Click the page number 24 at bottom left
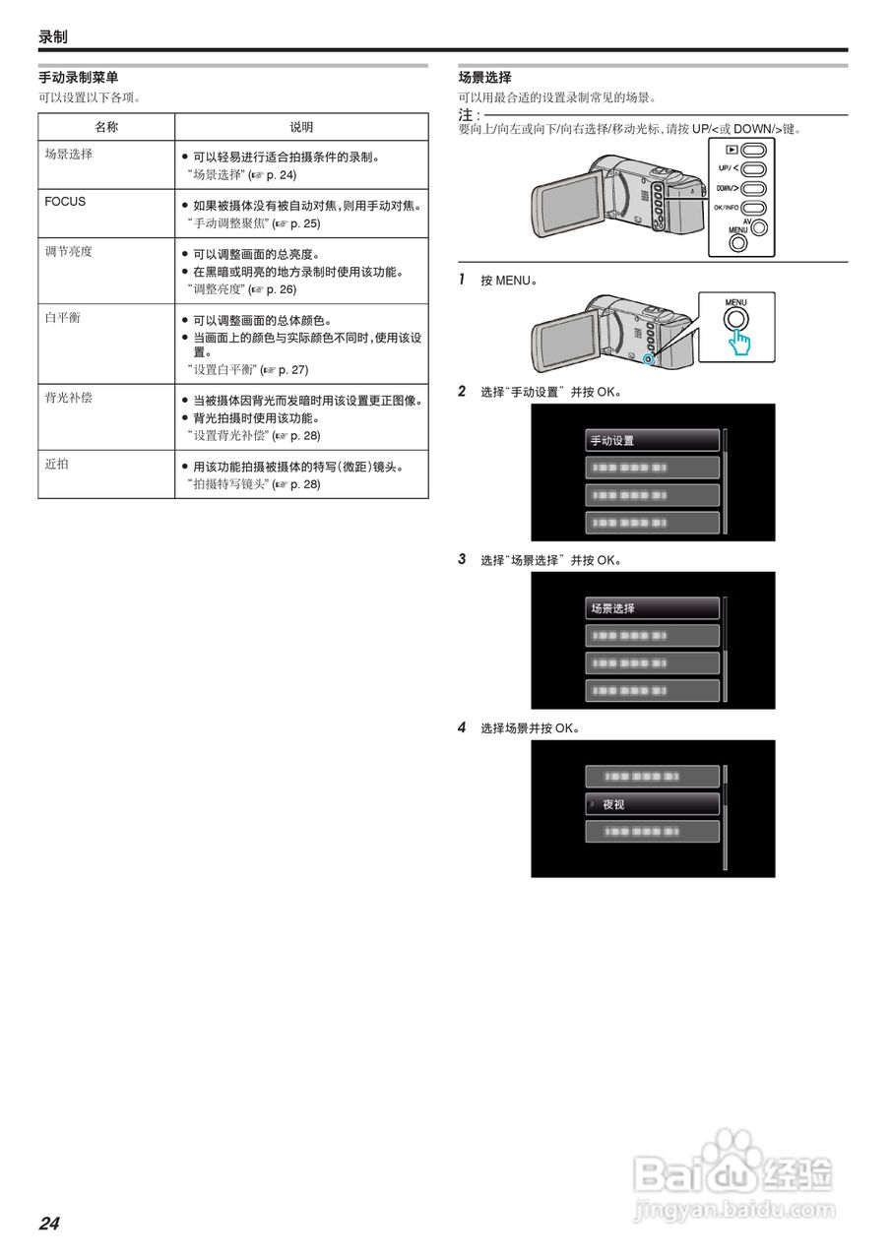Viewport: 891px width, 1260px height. pos(49,1224)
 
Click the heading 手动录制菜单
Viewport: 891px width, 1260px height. pos(79,77)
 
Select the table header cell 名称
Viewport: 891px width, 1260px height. pos(106,127)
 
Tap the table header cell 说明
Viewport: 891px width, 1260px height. pos(301,127)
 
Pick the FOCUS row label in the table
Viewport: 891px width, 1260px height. pos(65,202)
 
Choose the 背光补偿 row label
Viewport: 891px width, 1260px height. pos(69,398)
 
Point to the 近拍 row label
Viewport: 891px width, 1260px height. pos(56,463)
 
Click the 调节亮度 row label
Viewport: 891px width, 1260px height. pos(69,251)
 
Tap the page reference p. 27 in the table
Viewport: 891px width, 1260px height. pos(292,370)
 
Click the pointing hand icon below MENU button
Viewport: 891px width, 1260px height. pos(739,342)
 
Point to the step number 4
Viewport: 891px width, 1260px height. pos(462,727)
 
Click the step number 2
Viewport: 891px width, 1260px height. pos(462,391)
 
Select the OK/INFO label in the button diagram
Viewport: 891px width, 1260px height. pos(726,208)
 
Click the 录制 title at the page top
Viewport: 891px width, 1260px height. pos(53,36)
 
